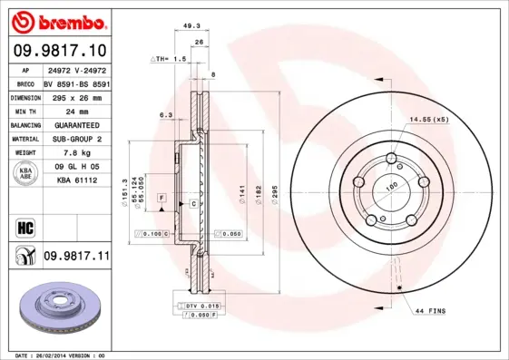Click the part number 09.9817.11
click(x=76, y=257)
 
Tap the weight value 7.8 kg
click(x=76, y=153)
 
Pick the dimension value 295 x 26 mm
click(x=76, y=97)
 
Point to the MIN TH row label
click(x=24, y=111)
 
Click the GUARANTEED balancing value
click(x=76, y=125)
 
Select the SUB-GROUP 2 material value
click(x=76, y=139)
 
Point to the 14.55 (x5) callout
click(x=429, y=120)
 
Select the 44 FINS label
click(x=430, y=311)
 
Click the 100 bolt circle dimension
click(x=392, y=188)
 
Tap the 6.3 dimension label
click(x=165, y=115)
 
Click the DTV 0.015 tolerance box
click(x=202, y=306)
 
